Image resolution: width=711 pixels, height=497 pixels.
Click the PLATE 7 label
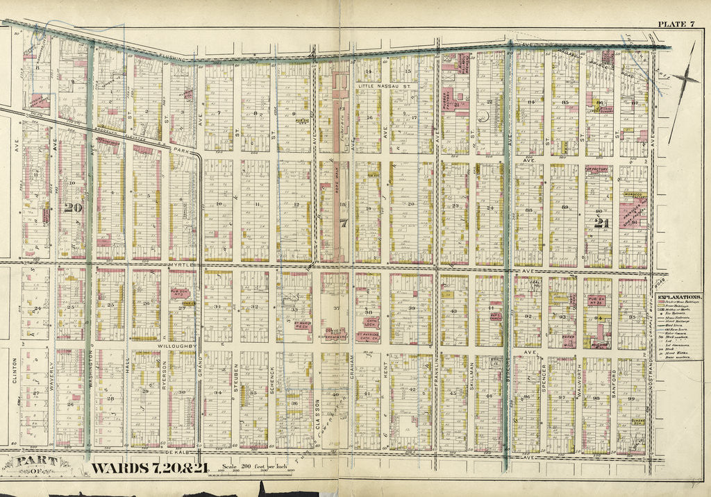[x=676, y=24]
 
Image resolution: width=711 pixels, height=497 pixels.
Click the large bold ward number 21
[x=601, y=223]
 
